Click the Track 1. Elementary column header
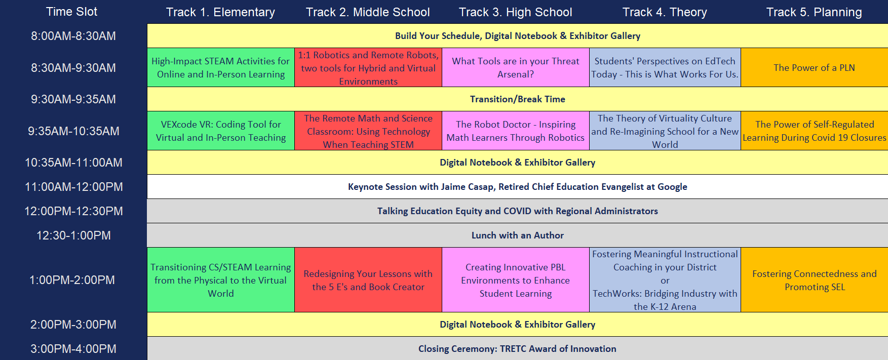point(220,12)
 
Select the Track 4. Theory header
point(665,12)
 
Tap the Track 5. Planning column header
point(814,12)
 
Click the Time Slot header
point(71,12)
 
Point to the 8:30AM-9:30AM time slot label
point(73,68)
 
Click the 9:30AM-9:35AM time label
point(73,99)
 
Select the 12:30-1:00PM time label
point(73,235)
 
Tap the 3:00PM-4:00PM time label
point(73,349)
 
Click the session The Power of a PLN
point(815,67)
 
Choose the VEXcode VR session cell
point(221,131)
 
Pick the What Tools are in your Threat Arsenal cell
point(516,67)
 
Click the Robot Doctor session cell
point(516,131)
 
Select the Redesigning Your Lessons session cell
point(368,280)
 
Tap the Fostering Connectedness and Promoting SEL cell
point(815,280)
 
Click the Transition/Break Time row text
point(518,99)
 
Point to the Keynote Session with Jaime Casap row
point(518,187)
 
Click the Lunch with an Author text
point(518,235)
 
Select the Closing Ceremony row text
point(518,349)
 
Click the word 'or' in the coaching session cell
point(665,281)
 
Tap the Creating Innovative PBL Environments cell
point(516,280)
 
